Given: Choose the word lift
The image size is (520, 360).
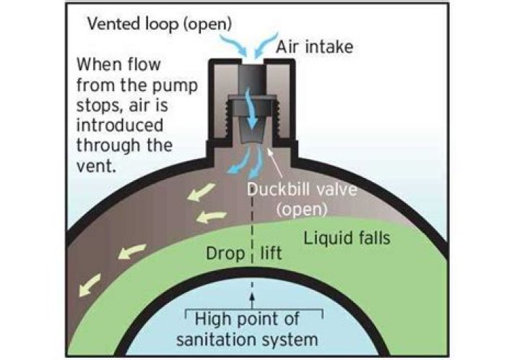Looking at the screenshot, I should [272, 254].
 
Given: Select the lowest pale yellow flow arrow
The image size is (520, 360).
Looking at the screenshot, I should [95, 280].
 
